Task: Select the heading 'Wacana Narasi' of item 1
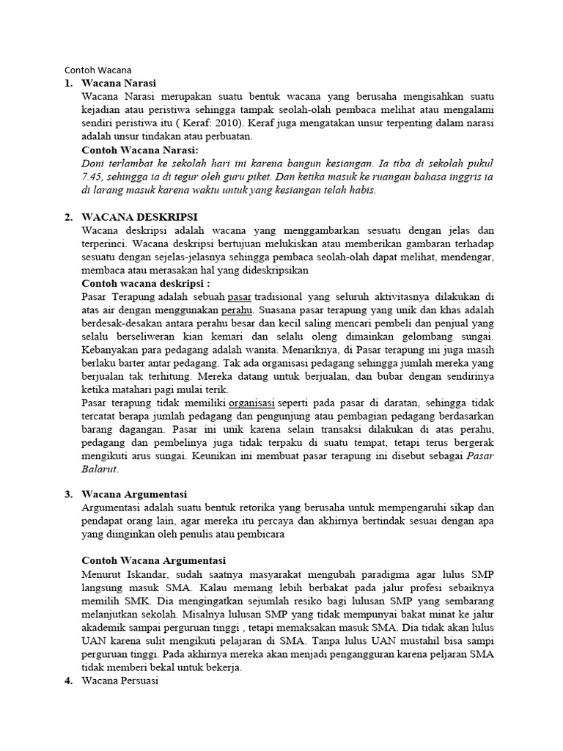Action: click(x=119, y=84)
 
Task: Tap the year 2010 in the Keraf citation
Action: click(x=230, y=123)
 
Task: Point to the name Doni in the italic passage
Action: click(x=94, y=163)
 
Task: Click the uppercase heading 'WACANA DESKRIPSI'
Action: click(x=139, y=217)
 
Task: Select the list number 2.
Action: click(x=68, y=217)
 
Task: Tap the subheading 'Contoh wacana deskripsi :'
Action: click(x=146, y=283)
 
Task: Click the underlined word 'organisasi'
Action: click(x=251, y=402)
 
